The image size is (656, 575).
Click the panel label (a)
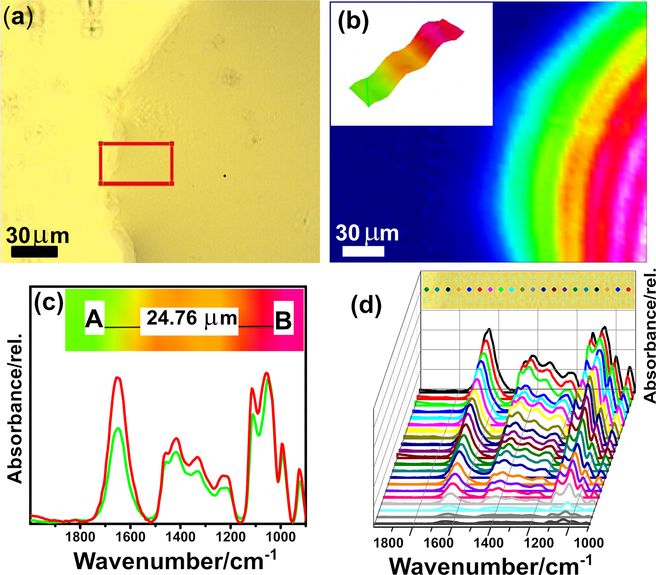pos(18,18)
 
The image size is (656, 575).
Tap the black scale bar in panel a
pos(34,252)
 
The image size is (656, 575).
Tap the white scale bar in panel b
pos(363,251)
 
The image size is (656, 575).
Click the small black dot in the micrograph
pos(225,176)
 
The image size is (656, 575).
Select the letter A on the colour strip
pos(94,320)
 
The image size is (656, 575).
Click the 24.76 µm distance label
pos(191,318)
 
